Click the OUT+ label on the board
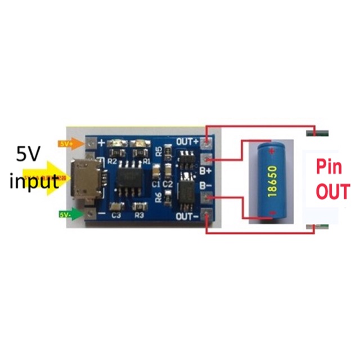187,140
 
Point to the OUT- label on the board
187,217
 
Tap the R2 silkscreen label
112,161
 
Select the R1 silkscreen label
146,161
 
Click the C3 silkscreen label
116,214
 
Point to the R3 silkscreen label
139,214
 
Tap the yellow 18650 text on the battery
272,179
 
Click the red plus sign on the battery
272,151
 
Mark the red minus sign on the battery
272,213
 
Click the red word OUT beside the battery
332,192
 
